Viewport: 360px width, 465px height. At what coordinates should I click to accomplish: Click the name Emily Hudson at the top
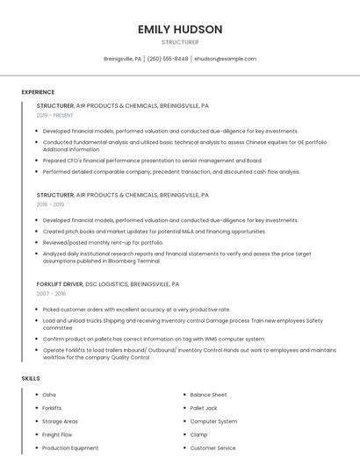tap(180, 29)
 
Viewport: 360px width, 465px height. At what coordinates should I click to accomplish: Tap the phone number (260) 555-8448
tap(168, 59)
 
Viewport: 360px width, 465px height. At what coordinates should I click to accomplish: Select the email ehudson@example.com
tap(226, 59)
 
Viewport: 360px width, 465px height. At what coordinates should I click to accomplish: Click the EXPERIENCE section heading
tap(38, 92)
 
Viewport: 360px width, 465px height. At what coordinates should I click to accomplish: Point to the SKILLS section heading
tap(31, 378)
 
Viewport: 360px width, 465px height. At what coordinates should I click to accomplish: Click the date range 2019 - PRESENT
tap(55, 115)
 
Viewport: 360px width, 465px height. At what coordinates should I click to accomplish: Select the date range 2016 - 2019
tap(50, 204)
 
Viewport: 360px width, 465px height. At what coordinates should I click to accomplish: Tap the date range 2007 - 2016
tap(50, 294)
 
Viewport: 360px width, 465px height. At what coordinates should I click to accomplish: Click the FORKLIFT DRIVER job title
tap(60, 284)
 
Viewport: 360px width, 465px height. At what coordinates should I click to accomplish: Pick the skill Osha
tap(49, 395)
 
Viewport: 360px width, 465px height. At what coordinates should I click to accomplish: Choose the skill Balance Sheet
tap(208, 395)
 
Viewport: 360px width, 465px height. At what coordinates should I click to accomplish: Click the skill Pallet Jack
tap(204, 408)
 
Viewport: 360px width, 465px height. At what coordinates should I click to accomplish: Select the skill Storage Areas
tap(60, 421)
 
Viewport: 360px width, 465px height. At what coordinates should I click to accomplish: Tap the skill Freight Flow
tap(57, 434)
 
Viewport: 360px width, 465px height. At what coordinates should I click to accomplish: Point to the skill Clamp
tap(198, 434)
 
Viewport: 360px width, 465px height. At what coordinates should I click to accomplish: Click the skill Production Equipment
tap(70, 448)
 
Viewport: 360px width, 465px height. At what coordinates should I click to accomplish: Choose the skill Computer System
tap(213, 421)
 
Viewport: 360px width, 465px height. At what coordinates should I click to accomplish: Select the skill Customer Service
tap(212, 448)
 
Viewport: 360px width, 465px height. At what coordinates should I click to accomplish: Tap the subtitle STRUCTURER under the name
tap(180, 42)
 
